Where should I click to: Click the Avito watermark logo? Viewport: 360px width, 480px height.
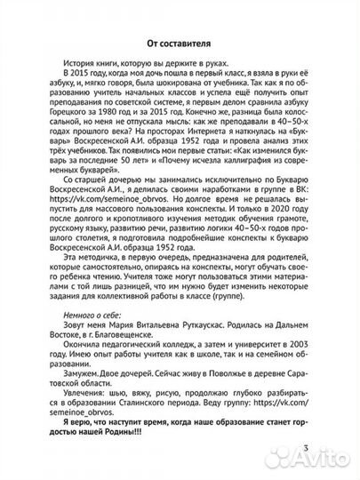[315, 460]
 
